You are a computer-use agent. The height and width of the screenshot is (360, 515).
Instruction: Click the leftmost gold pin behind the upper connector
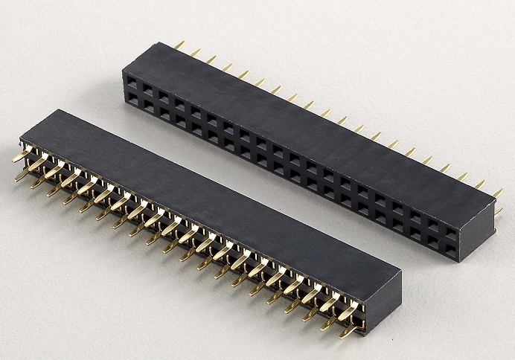[x=179, y=45]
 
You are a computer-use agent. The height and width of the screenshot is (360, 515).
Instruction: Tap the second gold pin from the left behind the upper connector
[x=196, y=52]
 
